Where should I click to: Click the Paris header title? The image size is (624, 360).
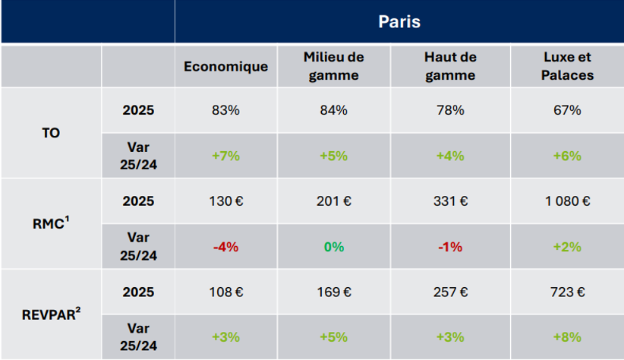(x=399, y=21)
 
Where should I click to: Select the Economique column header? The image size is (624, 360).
(x=225, y=66)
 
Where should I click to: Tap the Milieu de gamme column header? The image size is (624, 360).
(x=333, y=66)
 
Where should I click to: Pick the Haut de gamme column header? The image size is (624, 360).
(x=450, y=66)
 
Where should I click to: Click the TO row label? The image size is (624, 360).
(x=51, y=133)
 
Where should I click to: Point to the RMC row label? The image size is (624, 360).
(x=51, y=224)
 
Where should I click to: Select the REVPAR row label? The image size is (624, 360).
(x=51, y=314)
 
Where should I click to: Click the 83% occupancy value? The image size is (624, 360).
(x=225, y=110)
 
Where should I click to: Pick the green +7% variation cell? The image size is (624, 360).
(x=225, y=156)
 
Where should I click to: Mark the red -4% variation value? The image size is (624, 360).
(x=225, y=247)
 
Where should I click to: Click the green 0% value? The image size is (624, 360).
(x=333, y=247)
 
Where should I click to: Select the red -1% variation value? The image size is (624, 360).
(x=450, y=247)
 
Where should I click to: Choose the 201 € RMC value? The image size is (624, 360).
(x=333, y=201)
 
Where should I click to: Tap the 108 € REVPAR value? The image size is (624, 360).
(x=225, y=292)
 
